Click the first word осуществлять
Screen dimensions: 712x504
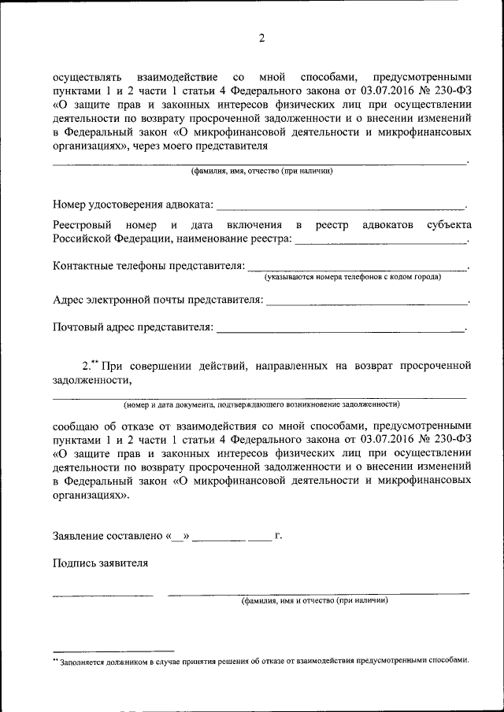click(87, 77)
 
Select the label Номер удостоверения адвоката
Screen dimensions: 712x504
click(132, 205)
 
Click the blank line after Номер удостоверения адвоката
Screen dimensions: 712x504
click(340, 208)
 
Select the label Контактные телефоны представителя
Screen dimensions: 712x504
click(149, 266)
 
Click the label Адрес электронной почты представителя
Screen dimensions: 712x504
click(157, 300)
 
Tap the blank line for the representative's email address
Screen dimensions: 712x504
click(366, 303)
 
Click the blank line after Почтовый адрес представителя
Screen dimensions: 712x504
click(340, 329)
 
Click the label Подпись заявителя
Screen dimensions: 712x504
click(100, 563)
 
